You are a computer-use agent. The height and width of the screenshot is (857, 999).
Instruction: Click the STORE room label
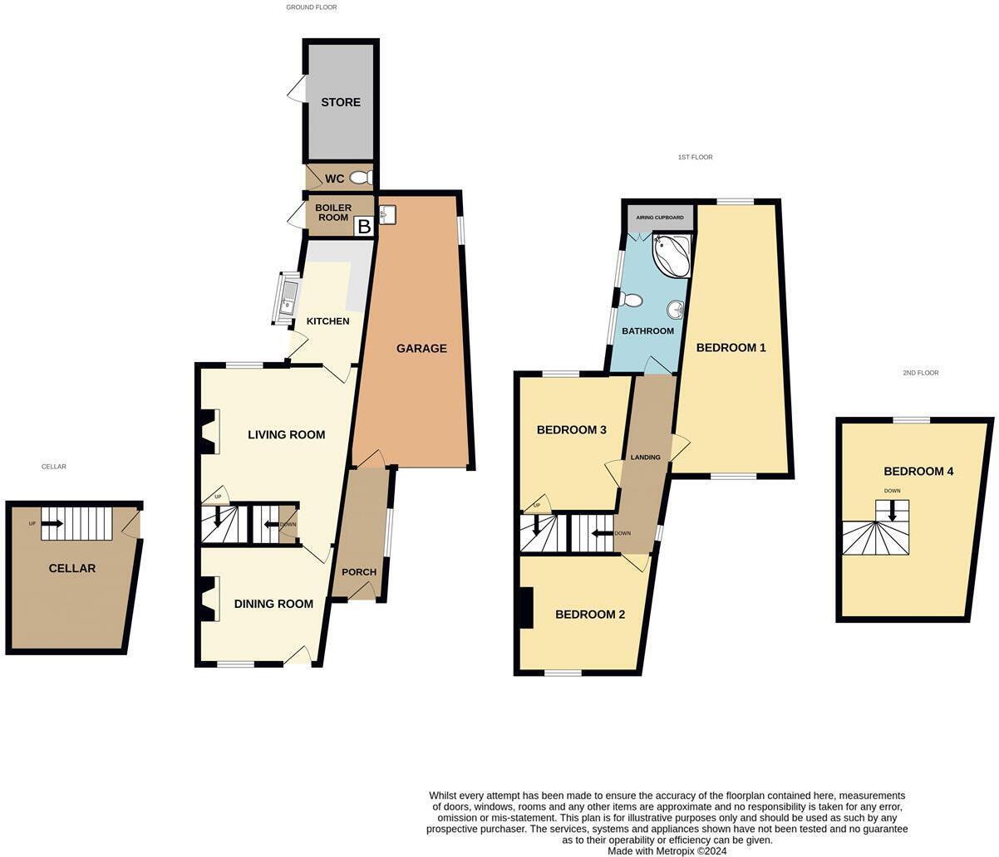tap(341, 102)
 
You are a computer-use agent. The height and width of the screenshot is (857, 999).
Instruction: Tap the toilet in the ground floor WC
tap(361, 178)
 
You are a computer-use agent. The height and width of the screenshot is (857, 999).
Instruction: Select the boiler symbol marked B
tap(363, 226)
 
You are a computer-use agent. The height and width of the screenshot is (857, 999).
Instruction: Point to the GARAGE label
tap(421, 349)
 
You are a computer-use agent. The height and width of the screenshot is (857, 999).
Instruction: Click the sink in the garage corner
tap(388, 215)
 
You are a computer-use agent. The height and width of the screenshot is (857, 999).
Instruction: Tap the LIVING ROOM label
tap(286, 434)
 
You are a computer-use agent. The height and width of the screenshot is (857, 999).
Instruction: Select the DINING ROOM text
tap(273, 604)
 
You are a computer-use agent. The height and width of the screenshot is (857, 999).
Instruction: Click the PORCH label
tap(359, 572)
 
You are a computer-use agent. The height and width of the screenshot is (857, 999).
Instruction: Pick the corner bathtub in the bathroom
tap(672, 255)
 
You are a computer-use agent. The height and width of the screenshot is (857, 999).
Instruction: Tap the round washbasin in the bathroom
tap(675, 311)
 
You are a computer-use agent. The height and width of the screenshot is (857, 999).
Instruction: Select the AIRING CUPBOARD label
tap(660, 218)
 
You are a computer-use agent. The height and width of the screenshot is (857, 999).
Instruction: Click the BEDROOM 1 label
tap(731, 348)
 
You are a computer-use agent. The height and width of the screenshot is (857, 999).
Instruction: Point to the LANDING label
tap(646, 458)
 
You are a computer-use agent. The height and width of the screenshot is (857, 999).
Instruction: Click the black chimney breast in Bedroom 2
tap(525, 608)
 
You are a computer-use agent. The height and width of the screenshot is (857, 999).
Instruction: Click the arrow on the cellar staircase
tap(52, 523)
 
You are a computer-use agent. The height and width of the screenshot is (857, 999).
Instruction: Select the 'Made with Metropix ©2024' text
tap(667, 850)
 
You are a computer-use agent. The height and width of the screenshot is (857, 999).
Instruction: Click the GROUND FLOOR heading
tap(312, 7)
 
